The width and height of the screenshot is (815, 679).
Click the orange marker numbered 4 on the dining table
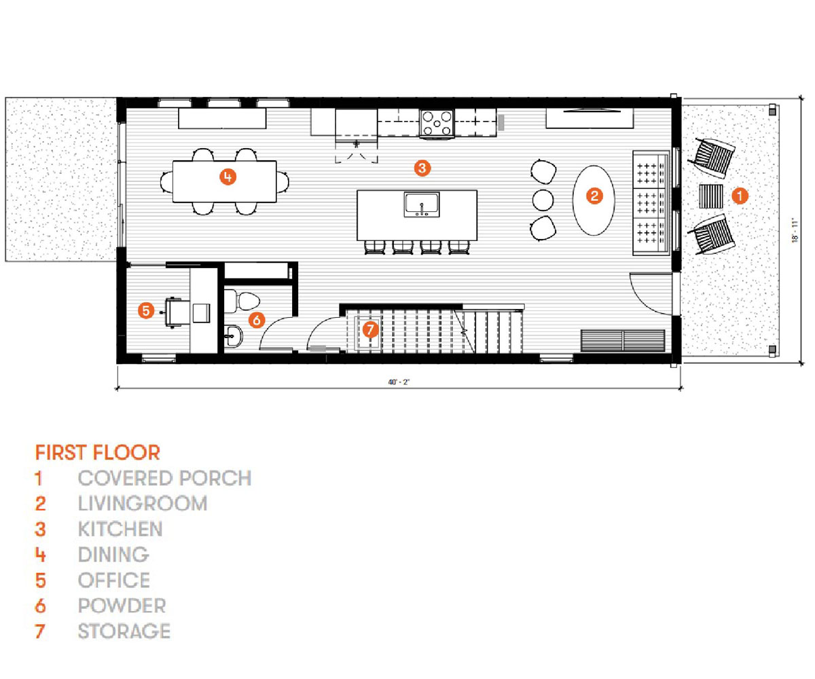point(228,177)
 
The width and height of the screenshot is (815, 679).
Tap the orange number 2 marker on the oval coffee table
point(594,196)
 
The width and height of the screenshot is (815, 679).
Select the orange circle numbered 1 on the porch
point(740,196)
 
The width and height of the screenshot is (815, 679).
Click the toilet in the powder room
point(242,301)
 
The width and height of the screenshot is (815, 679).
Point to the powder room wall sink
point(233,336)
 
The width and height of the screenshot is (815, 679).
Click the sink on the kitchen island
point(422,204)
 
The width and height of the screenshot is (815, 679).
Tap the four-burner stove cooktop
point(437,123)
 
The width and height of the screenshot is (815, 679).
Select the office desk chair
point(175,312)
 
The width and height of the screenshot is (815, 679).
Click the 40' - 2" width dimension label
point(399,382)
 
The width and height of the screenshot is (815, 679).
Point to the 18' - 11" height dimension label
point(795,231)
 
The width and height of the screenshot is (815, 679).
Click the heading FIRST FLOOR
point(98,453)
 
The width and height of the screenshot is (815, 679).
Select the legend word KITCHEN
point(120,529)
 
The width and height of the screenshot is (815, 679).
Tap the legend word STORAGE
point(124,631)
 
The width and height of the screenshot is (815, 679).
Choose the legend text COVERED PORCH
point(165,478)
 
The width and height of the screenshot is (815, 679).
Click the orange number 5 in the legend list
point(41,581)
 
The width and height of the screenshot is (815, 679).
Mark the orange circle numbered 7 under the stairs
point(370,330)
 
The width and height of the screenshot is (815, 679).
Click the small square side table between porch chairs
point(710,196)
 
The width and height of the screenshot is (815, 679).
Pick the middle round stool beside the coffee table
point(543,200)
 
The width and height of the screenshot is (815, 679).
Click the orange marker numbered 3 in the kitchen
point(422,168)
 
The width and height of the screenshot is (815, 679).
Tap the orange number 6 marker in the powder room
point(257,320)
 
